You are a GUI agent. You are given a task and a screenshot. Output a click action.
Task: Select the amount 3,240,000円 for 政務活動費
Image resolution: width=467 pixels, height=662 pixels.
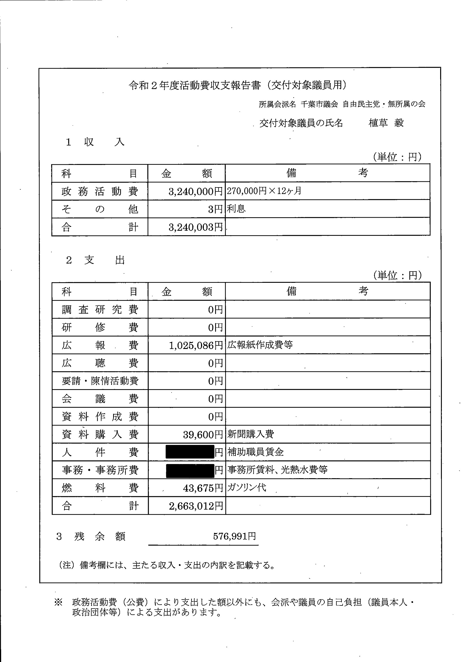coord(195,191)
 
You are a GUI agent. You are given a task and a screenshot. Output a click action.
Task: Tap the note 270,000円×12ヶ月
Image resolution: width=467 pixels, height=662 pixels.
coord(264,191)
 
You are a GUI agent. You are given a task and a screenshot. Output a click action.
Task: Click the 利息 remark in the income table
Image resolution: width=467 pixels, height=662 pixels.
coord(236,209)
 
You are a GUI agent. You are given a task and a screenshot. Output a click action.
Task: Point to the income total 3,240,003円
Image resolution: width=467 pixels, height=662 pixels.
coord(195,227)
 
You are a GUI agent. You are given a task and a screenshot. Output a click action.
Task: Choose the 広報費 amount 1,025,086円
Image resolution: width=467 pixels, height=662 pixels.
coord(196,345)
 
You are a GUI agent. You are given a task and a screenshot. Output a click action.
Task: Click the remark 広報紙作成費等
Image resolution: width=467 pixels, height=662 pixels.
coord(260,345)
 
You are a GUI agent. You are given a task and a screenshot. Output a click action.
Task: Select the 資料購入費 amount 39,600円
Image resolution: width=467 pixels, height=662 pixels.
coord(203,435)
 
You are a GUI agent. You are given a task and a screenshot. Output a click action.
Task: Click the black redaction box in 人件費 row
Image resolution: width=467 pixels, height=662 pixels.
coord(190,452)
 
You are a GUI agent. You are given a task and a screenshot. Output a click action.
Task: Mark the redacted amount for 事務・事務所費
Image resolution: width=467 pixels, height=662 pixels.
coord(190,470)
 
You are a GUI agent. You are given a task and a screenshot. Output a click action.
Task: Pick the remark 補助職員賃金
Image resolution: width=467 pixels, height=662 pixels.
coord(256,452)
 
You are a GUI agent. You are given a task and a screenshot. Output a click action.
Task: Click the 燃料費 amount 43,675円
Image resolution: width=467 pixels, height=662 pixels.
coord(203,488)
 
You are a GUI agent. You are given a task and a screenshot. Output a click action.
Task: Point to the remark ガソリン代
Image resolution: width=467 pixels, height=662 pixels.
coord(247,488)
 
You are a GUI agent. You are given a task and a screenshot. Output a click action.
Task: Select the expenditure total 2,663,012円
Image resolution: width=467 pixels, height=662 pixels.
coord(196,506)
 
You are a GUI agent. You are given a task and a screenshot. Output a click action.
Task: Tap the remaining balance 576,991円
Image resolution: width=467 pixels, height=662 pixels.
coord(234,536)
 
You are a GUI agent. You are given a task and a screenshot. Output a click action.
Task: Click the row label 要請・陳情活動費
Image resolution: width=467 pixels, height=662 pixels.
coord(100,381)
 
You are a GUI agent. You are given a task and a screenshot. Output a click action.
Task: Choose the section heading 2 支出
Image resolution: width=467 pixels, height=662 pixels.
coord(95,260)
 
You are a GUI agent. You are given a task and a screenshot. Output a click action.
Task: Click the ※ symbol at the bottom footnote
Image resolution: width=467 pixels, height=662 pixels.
coord(58,603)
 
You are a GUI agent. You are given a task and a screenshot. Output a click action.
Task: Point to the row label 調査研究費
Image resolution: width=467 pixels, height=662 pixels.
coord(100,310)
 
